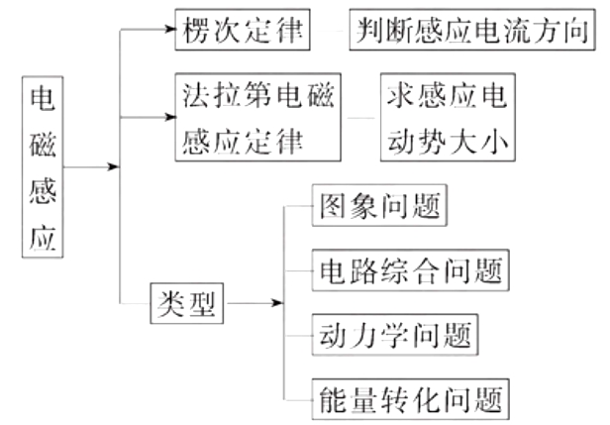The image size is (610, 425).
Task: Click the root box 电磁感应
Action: click(x=43, y=167)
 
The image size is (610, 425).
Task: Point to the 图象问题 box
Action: click(x=377, y=207)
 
